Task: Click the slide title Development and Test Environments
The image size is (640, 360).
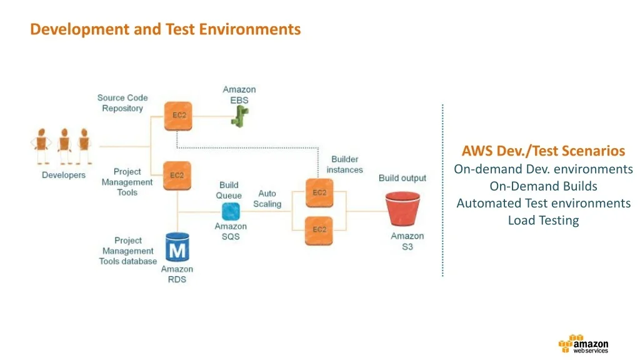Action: click(x=165, y=29)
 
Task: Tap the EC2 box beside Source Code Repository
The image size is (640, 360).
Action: click(x=177, y=116)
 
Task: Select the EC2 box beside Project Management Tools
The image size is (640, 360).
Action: click(x=177, y=176)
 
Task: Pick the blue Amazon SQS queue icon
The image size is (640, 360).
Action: click(x=231, y=211)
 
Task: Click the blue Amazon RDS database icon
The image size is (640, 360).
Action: click(x=177, y=248)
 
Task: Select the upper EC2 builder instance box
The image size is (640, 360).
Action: click(x=319, y=192)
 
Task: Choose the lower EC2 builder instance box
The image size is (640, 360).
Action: click(x=319, y=229)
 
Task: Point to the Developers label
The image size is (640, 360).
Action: click(x=63, y=175)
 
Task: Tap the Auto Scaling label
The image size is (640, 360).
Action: click(x=267, y=199)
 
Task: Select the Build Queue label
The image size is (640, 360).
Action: click(x=229, y=190)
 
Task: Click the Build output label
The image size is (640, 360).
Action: click(x=402, y=178)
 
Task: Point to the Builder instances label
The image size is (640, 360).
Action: click(x=344, y=164)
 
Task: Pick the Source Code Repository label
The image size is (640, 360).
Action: click(x=122, y=103)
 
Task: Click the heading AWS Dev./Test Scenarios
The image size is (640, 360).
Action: click(x=543, y=151)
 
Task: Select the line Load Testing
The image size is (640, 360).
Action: click(x=543, y=220)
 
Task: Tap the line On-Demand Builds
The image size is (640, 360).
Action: click(x=543, y=186)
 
